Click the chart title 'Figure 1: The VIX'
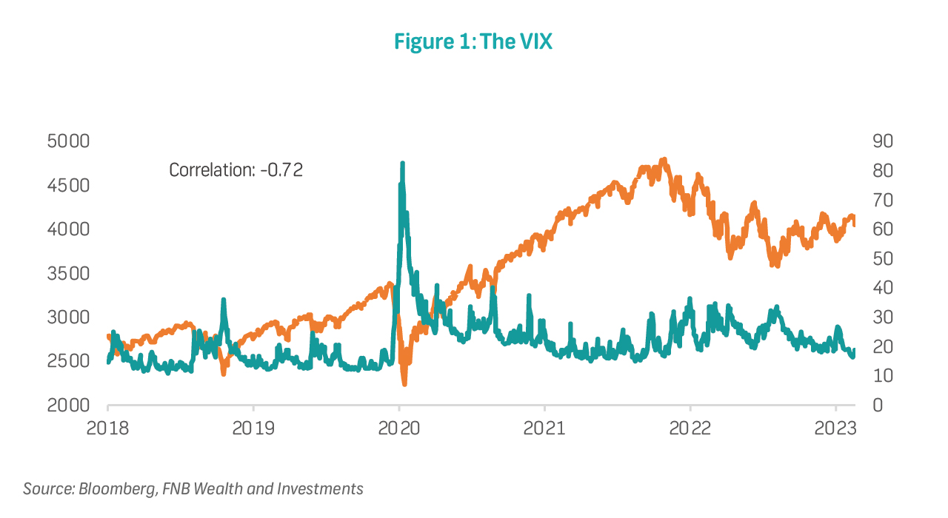click(473, 42)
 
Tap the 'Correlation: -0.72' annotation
click(236, 169)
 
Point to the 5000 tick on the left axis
click(68, 141)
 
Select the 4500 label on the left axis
click(68, 185)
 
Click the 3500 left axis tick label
click(68, 273)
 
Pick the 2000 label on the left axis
click(68, 406)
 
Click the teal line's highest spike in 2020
click(402, 164)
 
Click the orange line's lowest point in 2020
click(404, 383)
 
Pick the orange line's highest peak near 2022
click(664, 160)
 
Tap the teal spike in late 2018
click(223, 300)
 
